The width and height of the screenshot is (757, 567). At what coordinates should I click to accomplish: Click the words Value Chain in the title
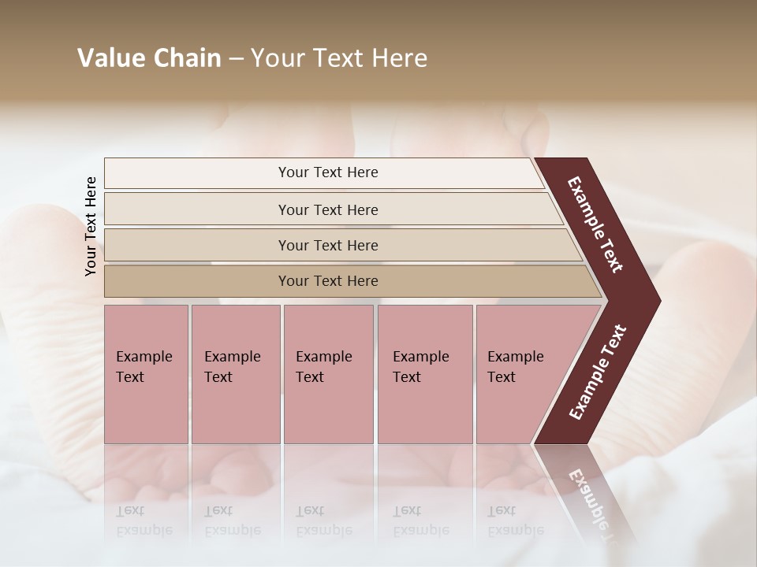tap(149, 58)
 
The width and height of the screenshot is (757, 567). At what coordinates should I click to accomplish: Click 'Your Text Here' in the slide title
tap(339, 58)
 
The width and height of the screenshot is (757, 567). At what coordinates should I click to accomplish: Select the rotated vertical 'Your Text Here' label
tap(91, 226)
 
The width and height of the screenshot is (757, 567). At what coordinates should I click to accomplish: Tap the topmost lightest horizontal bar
tap(328, 172)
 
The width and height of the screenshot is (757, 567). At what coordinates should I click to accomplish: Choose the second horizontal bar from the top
tap(328, 209)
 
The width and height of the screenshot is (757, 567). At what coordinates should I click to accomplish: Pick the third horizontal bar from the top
tap(328, 245)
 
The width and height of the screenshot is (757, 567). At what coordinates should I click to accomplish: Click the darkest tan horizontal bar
tap(328, 281)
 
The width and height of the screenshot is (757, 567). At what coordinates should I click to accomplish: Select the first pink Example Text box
tap(146, 374)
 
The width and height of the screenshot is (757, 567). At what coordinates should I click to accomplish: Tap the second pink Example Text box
tap(235, 374)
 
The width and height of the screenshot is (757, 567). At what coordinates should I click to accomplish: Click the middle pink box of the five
tap(328, 374)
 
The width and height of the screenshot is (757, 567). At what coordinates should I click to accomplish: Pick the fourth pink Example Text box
tap(424, 374)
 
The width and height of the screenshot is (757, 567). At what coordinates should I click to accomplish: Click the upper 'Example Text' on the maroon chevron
tap(595, 224)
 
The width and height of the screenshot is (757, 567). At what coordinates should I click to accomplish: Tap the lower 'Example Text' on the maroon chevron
tap(597, 372)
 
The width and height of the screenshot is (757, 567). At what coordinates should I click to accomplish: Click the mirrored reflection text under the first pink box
tap(144, 521)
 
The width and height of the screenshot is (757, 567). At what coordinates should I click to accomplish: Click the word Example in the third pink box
tap(323, 357)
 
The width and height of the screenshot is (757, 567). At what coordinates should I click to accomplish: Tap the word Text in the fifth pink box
tap(501, 377)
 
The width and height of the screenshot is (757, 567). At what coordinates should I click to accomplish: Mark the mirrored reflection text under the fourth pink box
tap(420, 521)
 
